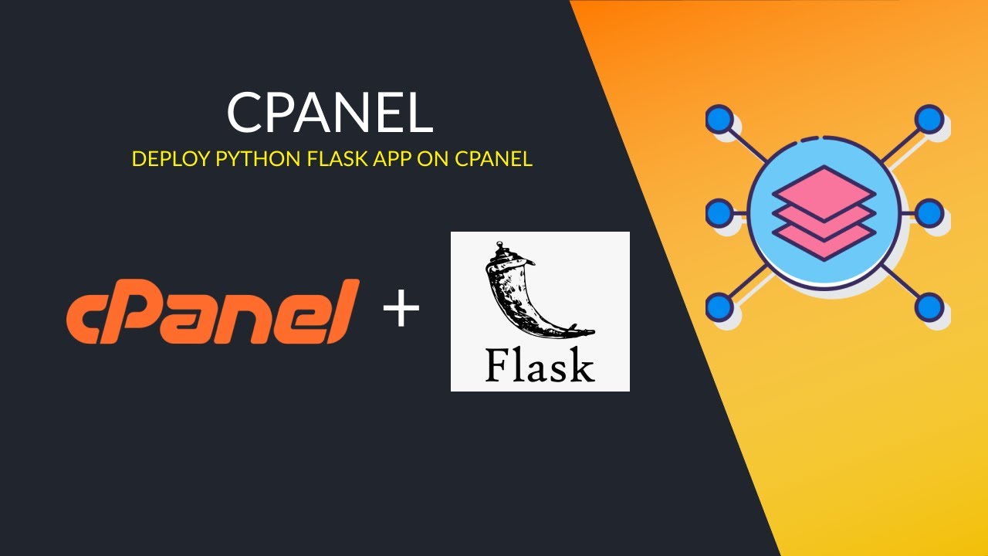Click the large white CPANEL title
(330, 114)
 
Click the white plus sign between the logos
(401, 311)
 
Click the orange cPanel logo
(212, 311)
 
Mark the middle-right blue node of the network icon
(929, 212)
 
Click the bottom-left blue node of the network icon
(719, 307)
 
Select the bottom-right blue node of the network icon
(929, 307)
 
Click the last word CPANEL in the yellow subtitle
(493, 159)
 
